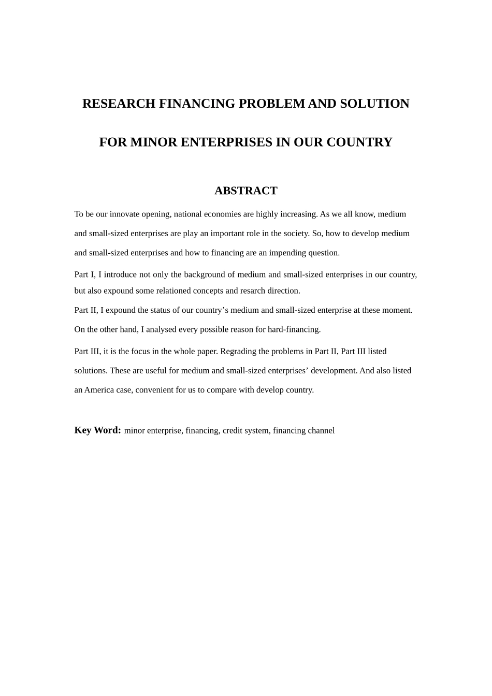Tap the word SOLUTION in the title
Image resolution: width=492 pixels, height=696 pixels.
tap(374, 104)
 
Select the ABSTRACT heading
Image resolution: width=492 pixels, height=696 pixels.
tap(246, 191)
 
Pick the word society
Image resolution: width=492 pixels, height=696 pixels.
tap(296, 234)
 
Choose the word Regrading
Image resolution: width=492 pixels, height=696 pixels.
tap(237, 352)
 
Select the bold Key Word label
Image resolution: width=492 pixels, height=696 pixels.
tap(97, 430)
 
